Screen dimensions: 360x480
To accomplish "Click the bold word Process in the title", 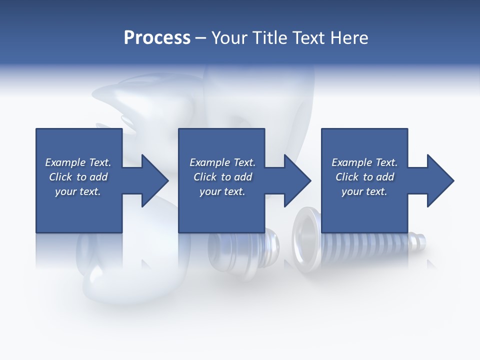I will [157, 37].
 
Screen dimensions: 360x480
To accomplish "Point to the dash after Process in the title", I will [201, 38].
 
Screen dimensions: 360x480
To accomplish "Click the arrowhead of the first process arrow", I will [155, 180].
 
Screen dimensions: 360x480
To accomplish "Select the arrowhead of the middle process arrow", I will [298, 180].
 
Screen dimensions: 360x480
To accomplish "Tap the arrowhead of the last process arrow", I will [440, 180].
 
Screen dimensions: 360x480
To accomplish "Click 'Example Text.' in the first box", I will [78, 162].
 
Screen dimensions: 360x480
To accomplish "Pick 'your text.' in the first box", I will [78, 191].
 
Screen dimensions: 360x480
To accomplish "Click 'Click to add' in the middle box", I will [222, 177].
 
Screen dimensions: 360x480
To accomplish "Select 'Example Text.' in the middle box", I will [222, 162].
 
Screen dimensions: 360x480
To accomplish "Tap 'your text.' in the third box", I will [364, 191].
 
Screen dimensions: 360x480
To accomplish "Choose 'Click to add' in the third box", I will [364, 177].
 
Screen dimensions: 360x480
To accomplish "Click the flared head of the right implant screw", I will [306, 241].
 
